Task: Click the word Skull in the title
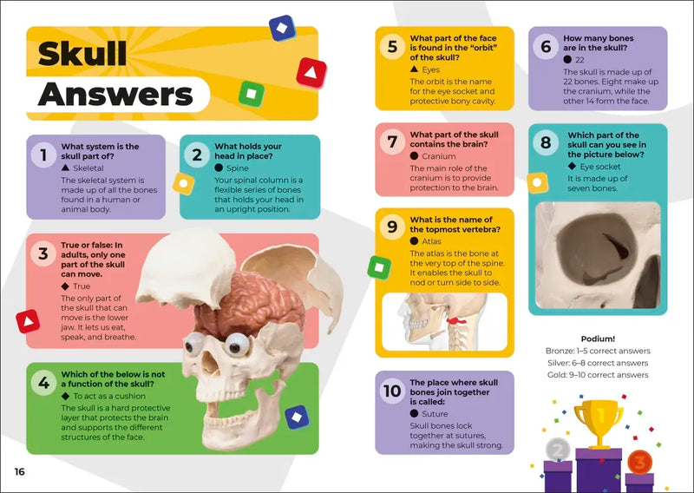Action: [82, 54]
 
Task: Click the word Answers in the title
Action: [115, 94]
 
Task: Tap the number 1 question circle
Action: [42, 155]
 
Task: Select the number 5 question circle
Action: [391, 47]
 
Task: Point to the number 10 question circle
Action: [391, 391]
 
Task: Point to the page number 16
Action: [19, 471]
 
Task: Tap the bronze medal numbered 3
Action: [638, 462]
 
